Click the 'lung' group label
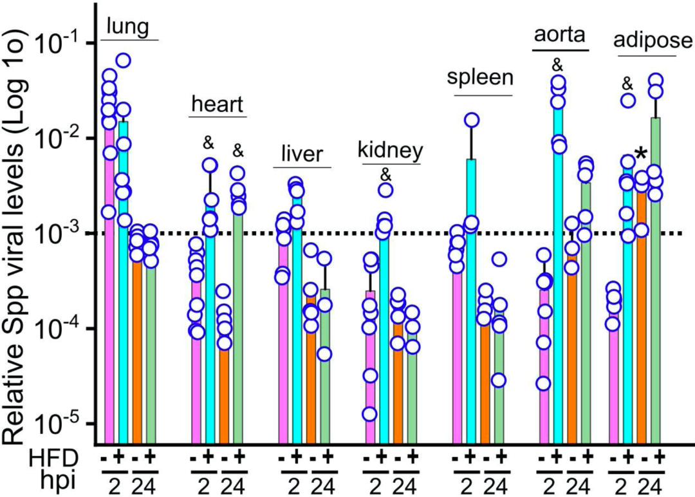[x=129, y=26]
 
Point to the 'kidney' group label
[x=391, y=151]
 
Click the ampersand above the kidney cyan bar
[x=385, y=174]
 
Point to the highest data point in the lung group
[x=124, y=61]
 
